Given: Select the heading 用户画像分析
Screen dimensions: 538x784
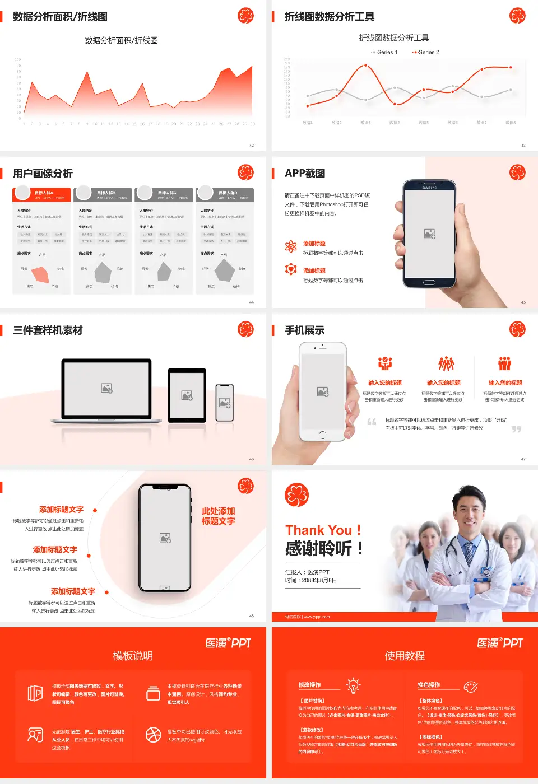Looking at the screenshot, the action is pos(43,174).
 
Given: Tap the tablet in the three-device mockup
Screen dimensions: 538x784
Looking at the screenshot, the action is pos(187,395).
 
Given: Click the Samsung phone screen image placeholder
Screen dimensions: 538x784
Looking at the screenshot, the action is pos(430,234).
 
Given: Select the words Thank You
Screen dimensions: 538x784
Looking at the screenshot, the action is pos(318,530).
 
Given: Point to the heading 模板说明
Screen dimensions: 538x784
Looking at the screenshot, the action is pos(133,656).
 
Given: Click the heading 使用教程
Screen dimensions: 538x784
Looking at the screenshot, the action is pos(405,656).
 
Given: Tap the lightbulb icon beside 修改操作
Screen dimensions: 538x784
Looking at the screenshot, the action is pos(353,685).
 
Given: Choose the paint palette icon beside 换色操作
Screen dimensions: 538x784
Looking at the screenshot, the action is pos(471,687).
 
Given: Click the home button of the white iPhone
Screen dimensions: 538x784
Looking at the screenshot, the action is pos(322,435).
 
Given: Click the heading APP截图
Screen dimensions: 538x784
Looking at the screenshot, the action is pos(305,174).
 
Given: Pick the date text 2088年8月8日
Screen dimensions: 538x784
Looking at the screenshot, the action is pos(319,581).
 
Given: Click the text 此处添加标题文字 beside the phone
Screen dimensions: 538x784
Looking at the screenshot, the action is pos(219,516).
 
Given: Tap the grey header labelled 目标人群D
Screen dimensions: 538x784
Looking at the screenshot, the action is pos(225,194).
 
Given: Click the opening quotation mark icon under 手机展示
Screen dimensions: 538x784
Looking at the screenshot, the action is pos(372,422).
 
